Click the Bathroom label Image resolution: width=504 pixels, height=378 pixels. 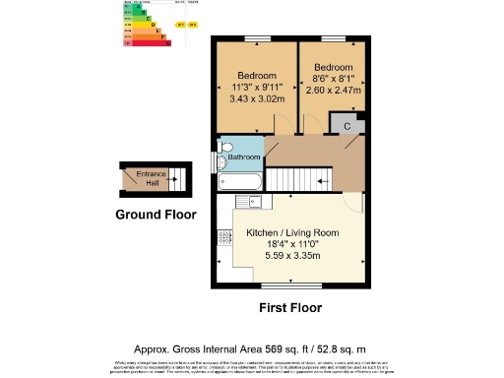[x=244, y=157]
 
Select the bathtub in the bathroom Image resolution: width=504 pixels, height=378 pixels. [x=240, y=181]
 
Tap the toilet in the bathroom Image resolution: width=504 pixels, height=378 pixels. [x=223, y=156]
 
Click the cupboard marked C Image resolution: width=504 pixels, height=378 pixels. [x=348, y=125]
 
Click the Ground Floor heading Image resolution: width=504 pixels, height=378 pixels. [x=156, y=215]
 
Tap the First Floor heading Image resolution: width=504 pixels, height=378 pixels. [x=290, y=308]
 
